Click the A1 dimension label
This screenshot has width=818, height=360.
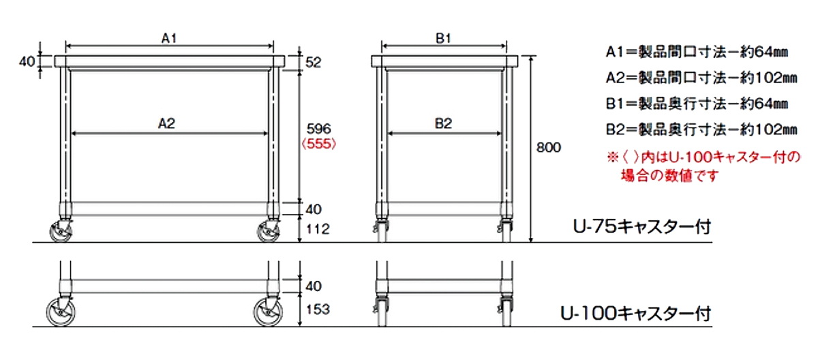coord(169,38)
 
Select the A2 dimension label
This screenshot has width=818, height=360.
coord(166,123)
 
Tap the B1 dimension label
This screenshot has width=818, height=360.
coord(443,38)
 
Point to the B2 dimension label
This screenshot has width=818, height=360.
coord(443,123)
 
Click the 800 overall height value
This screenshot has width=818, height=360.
coord(549,147)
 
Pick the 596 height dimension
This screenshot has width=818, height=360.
coord(318,128)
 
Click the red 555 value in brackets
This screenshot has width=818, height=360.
coord(318,144)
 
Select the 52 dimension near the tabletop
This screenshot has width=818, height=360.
coord(314,63)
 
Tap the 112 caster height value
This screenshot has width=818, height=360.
coord(318,229)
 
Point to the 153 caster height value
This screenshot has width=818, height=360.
coord(318,310)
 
